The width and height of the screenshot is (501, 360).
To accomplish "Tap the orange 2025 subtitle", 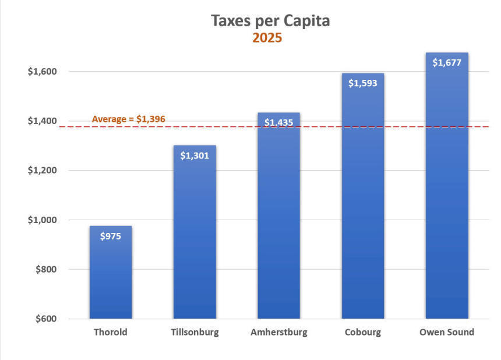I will [267, 38].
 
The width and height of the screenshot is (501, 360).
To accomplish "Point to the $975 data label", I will [111, 237].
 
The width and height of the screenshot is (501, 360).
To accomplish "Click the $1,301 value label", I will [195, 156].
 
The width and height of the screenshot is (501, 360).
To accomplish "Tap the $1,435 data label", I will [278, 123].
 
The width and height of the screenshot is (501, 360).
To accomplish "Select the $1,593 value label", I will [362, 83].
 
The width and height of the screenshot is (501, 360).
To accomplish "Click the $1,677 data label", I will [447, 62].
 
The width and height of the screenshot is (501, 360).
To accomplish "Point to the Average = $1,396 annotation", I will [129, 119].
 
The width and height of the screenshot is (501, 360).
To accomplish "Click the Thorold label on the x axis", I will [111, 333].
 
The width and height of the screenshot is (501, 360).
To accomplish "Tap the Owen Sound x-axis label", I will [447, 333].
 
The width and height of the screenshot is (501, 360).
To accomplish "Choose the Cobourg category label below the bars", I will [362, 333].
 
